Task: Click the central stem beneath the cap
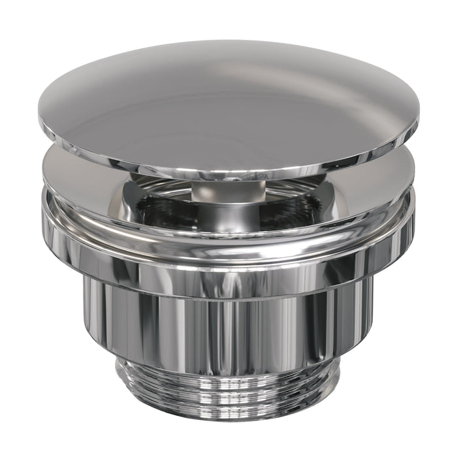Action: (x=228, y=193)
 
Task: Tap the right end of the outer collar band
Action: (x=412, y=228)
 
